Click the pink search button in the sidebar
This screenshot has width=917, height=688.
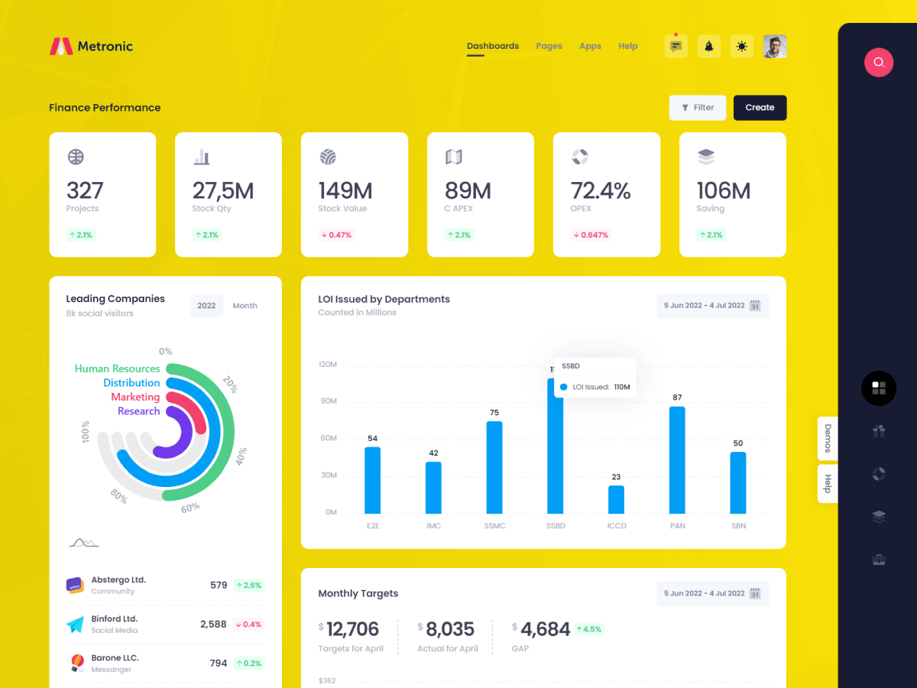879,62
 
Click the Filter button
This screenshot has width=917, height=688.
697,108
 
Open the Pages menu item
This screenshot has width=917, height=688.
549,46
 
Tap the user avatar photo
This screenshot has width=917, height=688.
775,47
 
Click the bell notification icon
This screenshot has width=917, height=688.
708,47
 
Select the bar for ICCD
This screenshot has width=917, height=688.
616,499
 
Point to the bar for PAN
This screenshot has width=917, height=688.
677,459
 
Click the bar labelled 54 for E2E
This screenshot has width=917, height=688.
372,480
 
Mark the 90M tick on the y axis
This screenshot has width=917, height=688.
328,401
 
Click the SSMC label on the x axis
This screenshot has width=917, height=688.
494,526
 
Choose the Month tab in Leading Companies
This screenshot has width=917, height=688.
245,306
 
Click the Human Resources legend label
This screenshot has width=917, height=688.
117,368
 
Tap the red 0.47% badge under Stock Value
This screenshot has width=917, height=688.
336,235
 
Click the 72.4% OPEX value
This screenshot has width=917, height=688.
601,190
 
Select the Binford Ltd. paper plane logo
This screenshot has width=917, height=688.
75,625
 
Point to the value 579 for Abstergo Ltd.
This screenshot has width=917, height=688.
219,585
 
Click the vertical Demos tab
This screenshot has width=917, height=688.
828,439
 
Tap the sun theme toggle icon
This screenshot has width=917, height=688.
741,47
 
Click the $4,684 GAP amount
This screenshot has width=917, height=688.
545,629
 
